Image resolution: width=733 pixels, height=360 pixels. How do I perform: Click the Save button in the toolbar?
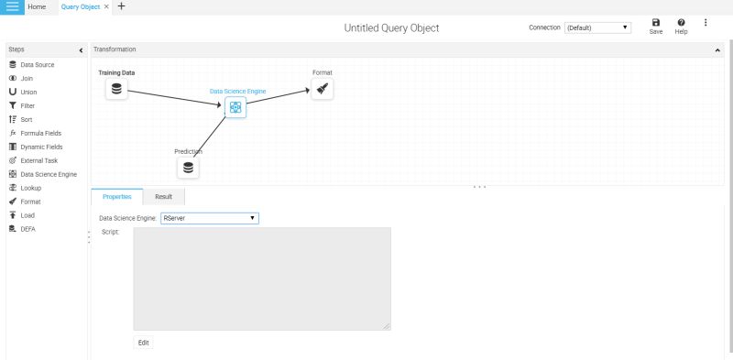coord(656,26)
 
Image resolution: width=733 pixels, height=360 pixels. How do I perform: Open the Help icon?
coord(681,26)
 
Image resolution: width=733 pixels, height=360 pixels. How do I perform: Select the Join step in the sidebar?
coord(27,79)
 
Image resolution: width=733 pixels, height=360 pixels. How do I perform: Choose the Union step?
coord(28,92)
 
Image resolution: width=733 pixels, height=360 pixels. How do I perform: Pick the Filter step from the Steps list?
coord(27,105)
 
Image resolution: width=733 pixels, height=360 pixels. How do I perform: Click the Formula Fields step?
coord(40,133)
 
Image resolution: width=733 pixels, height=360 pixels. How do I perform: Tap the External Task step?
coord(38,160)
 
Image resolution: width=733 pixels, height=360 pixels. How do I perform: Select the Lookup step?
coord(30,188)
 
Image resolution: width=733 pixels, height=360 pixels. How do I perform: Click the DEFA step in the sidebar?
coord(27,229)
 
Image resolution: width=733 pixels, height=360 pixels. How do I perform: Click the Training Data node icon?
coord(116,89)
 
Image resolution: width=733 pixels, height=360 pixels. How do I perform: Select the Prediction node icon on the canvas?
coord(188,168)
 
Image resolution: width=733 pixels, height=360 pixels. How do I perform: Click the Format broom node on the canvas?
coord(322,89)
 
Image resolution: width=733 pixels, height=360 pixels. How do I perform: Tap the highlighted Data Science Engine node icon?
coord(235,107)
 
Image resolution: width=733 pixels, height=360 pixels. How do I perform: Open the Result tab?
coord(163,196)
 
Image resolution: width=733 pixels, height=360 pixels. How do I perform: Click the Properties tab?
coord(117,196)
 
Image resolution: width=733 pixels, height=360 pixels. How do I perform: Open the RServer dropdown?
coord(209,218)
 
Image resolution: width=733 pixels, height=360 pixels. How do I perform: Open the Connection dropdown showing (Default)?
coord(597,27)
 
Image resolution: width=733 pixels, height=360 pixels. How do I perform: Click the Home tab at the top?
coord(37,6)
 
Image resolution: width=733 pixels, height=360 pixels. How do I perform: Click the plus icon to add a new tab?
coord(122,6)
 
